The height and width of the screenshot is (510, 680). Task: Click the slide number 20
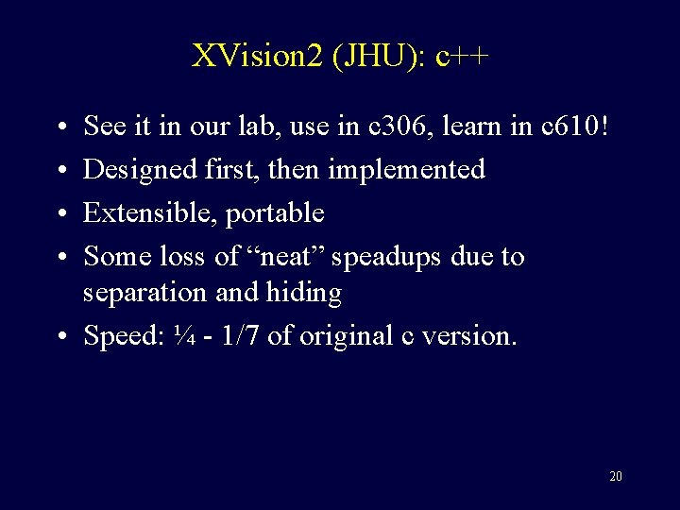615,475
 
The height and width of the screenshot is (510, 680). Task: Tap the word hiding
305,294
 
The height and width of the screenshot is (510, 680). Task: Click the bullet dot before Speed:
59,337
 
